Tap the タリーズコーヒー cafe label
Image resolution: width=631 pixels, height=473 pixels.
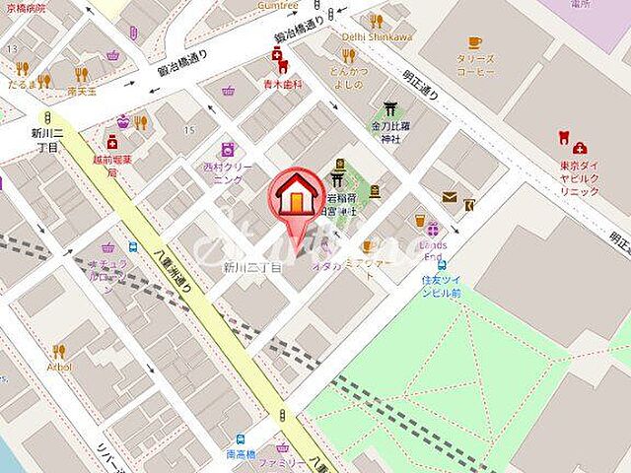coord(474,65)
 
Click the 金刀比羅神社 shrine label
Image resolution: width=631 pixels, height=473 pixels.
coord(386,133)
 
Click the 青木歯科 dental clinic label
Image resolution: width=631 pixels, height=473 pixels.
coord(279,86)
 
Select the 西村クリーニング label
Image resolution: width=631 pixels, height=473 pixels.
coord(228,172)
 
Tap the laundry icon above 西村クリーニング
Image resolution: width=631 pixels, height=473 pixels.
coord(228,149)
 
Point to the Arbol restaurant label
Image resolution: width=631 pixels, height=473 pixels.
coord(58,367)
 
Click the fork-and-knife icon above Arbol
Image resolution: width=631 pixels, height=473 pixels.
coord(58,350)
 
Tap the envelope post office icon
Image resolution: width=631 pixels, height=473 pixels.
coord(449,197)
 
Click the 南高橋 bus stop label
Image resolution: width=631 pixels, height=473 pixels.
coord(241,454)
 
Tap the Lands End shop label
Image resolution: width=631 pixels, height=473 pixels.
coord(433,250)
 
